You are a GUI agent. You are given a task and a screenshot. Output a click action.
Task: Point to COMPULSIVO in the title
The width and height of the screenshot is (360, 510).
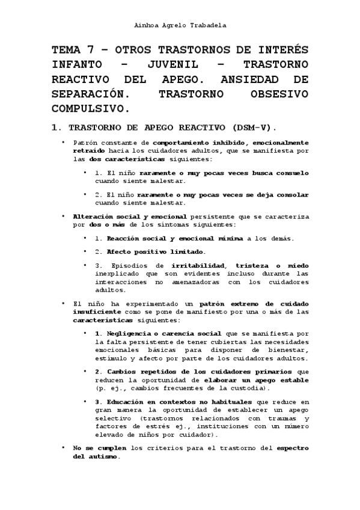click(90, 108)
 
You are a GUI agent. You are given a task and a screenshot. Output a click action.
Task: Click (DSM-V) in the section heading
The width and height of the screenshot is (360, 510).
click(250, 127)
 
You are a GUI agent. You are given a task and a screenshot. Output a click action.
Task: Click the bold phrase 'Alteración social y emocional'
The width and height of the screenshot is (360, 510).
click(130, 215)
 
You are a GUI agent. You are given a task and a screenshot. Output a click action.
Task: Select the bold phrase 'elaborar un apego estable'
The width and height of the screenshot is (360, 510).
click(258, 380)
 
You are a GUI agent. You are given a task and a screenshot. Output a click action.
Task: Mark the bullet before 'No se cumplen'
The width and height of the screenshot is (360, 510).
click(63, 448)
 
